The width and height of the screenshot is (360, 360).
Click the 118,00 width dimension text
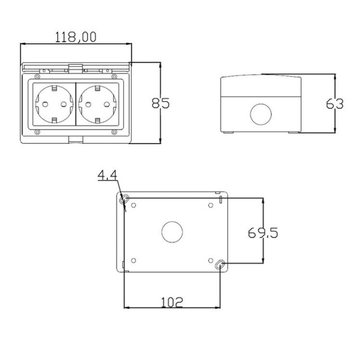coord(76,36)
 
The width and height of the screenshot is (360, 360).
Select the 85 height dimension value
coord(160,103)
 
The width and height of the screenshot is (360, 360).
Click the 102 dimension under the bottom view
coord(171,301)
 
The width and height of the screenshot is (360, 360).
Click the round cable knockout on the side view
coord(261,114)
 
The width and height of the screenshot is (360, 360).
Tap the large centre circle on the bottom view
coord(171,232)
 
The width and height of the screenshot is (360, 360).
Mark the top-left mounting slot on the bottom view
coord(126,199)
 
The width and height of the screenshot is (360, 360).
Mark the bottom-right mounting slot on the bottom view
coord(220,264)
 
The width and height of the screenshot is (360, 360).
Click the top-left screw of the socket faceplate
coord(36,76)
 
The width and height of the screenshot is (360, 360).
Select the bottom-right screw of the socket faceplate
coord(114,132)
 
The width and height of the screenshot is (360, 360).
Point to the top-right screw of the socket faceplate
coord(114,76)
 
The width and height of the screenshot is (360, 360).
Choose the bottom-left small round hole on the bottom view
coord(134,261)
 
